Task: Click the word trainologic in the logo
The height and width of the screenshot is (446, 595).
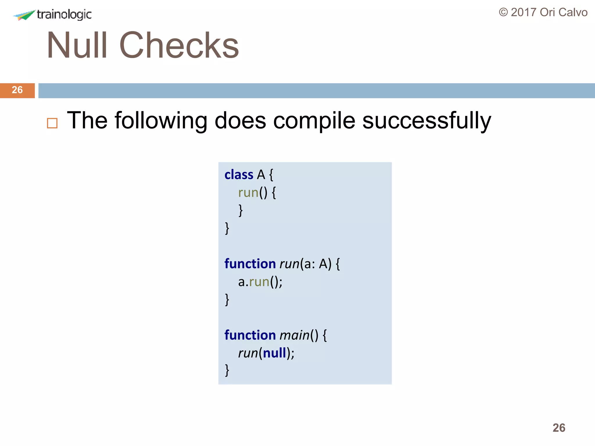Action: pyautogui.click(x=64, y=14)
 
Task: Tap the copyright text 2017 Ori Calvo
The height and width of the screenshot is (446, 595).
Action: pyautogui.click(x=543, y=12)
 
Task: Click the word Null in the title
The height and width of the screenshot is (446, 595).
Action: pyautogui.click(x=77, y=46)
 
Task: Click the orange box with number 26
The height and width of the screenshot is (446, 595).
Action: pyautogui.click(x=17, y=90)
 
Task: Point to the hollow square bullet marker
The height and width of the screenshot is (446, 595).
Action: pyautogui.click(x=52, y=123)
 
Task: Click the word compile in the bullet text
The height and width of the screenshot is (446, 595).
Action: pyautogui.click(x=314, y=121)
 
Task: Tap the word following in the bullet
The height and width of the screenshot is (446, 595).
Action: pyautogui.click(x=161, y=121)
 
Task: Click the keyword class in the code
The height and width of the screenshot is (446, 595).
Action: pyautogui.click(x=239, y=175)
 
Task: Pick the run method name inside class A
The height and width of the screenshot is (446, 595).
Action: pyautogui.click(x=248, y=193)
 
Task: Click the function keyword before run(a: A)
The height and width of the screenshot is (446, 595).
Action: pyautogui.click(x=250, y=264)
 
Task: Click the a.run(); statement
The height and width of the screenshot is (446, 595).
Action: pyautogui.click(x=260, y=282)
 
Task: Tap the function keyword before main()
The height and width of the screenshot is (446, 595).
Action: pyautogui.click(x=250, y=335)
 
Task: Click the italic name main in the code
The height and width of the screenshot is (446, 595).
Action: pyautogui.click(x=295, y=335)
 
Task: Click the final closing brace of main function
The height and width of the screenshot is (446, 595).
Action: pyautogui.click(x=227, y=371)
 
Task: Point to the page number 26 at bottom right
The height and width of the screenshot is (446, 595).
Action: pyautogui.click(x=559, y=428)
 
